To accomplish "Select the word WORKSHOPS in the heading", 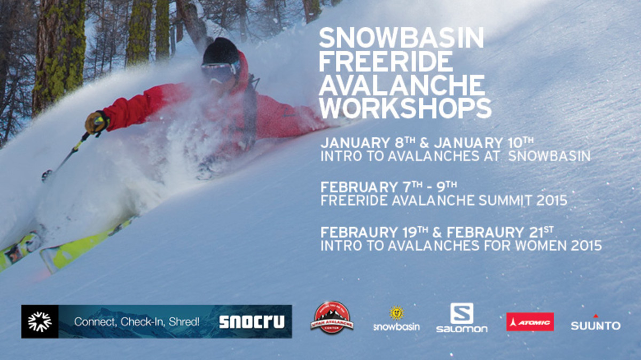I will (x=405, y=108).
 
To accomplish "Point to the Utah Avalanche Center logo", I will (x=332, y=318).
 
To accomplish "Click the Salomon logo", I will (x=462, y=318).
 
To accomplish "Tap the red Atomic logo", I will (x=530, y=322).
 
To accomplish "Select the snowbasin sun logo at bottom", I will (x=396, y=319).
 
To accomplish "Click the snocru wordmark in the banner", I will (x=252, y=322).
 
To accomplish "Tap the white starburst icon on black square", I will (x=40, y=322).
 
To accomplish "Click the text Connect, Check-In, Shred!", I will (x=137, y=322).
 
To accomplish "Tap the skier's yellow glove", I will (x=97, y=122).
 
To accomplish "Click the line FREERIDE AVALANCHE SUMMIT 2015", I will (x=443, y=201).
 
